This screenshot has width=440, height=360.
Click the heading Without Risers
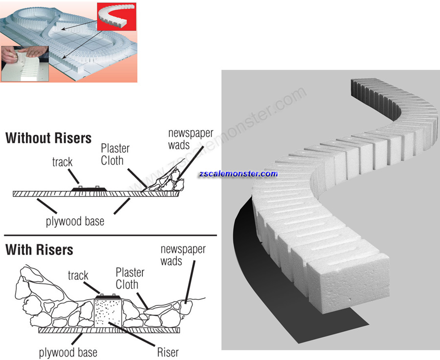click(48, 138)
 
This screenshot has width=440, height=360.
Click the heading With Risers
click(39, 250)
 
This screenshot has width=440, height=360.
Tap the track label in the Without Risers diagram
click(62, 162)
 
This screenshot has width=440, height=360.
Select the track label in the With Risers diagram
click(78, 275)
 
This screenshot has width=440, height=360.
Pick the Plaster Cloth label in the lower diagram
click(130, 278)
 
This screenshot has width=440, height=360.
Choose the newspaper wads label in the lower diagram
click(183, 255)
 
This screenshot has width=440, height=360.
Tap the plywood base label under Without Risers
click(75, 221)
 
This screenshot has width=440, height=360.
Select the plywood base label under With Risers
click(68, 352)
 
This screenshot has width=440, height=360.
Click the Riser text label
click(168, 352)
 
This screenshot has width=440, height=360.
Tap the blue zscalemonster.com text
click(238, 174)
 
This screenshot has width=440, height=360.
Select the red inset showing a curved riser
click(116, 18)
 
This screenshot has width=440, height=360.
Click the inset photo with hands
click(24, 63)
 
